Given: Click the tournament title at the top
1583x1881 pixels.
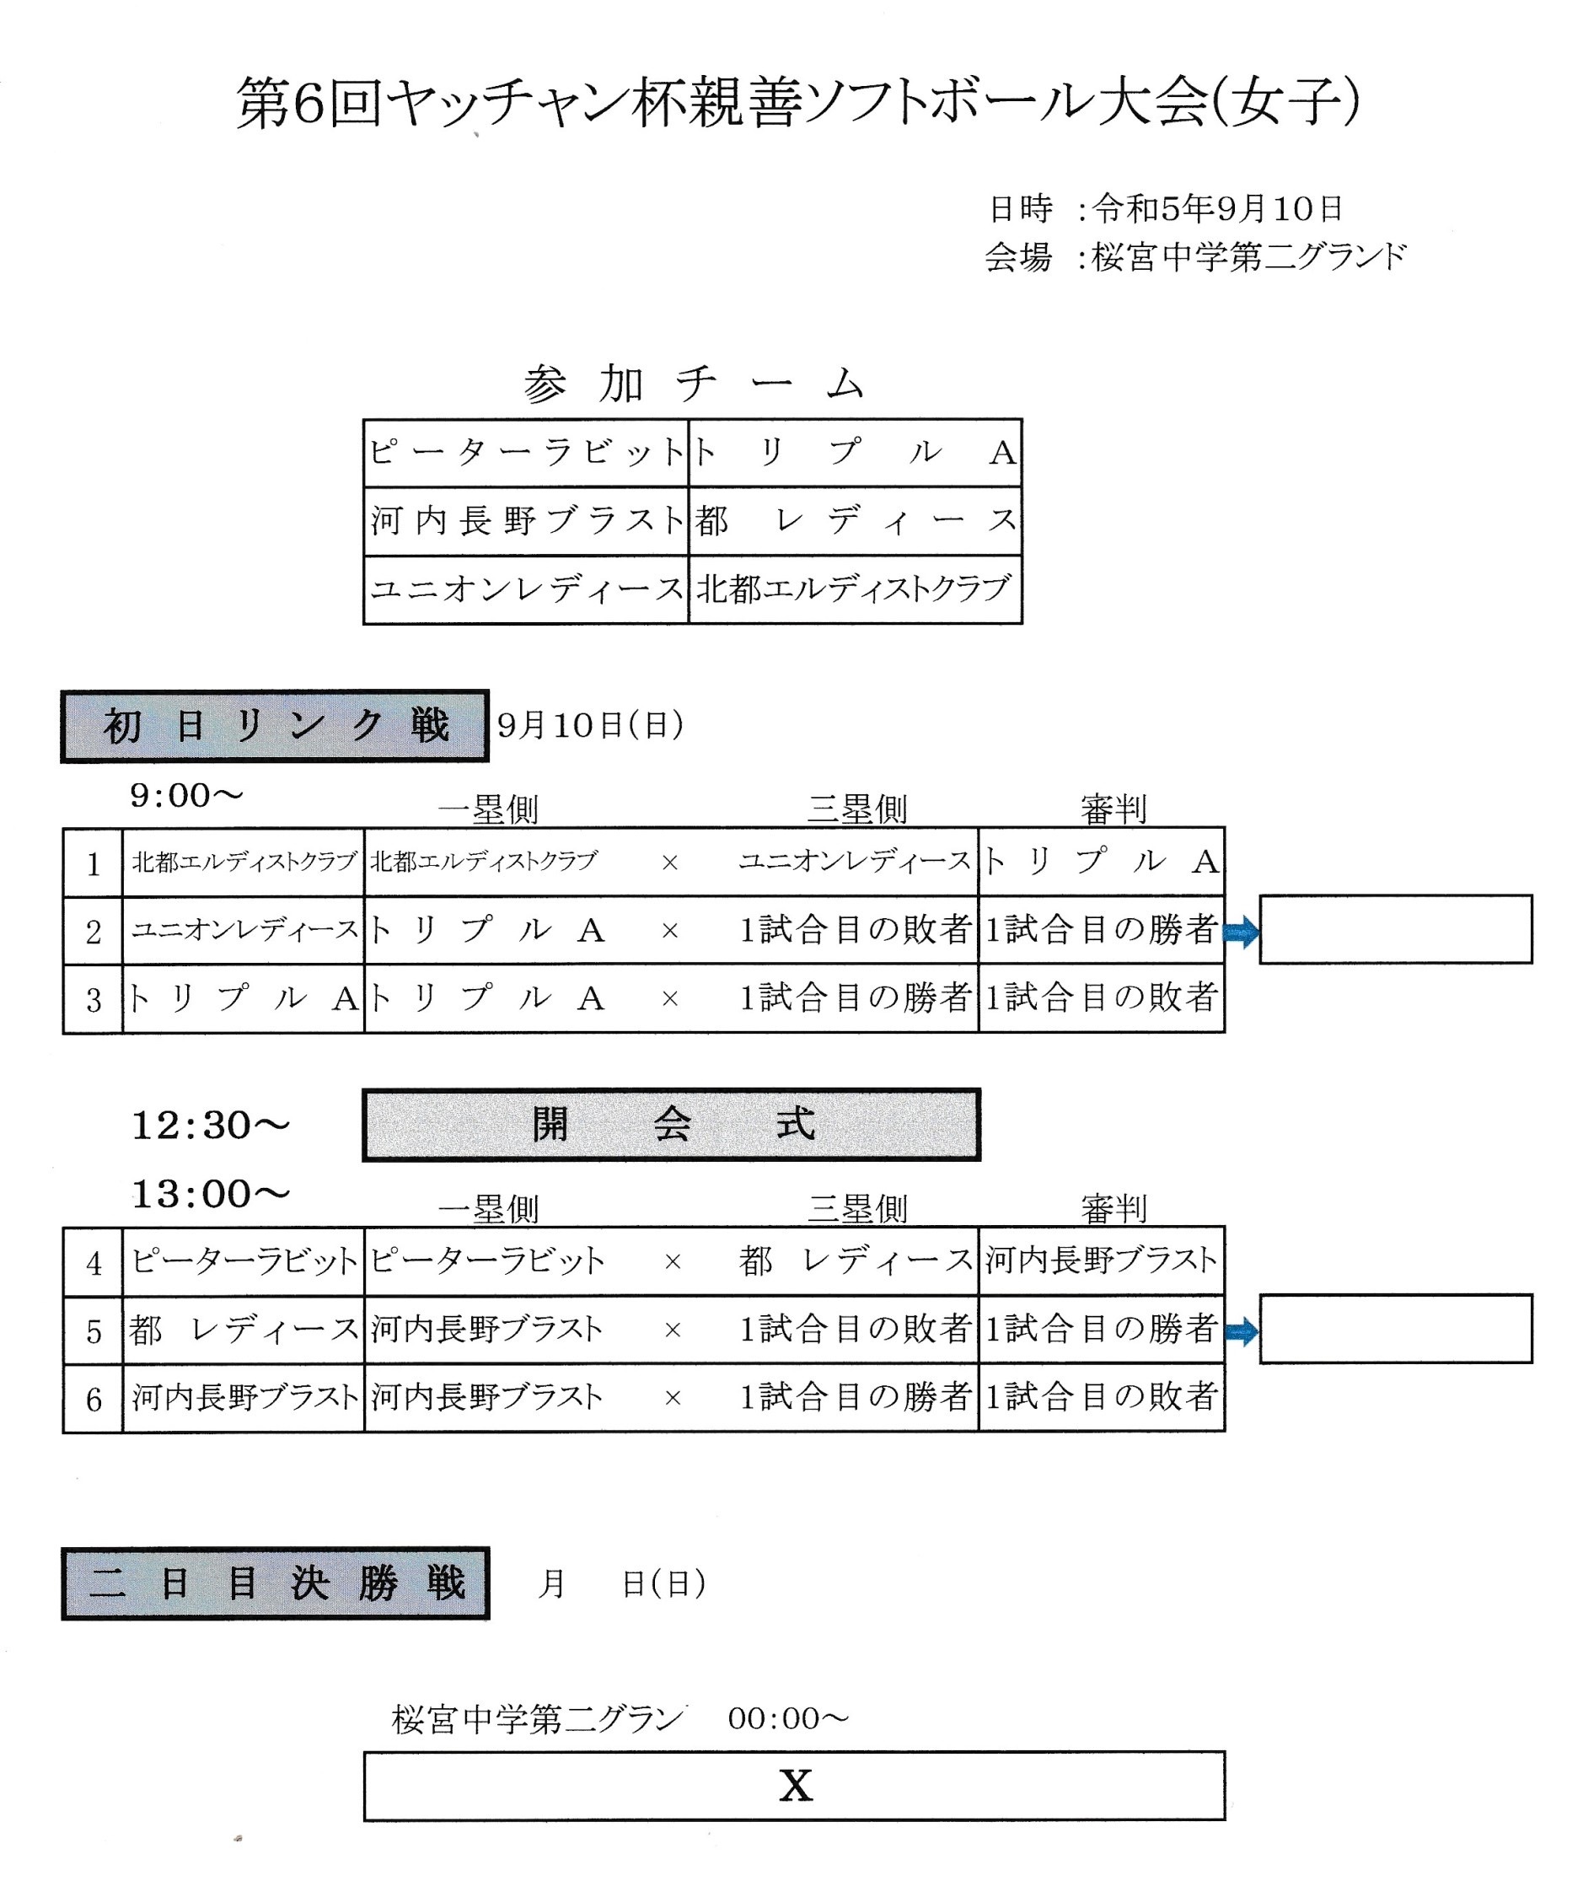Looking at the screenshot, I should [797, 103].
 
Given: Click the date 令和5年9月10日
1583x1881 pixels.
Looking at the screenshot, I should [1217, 209].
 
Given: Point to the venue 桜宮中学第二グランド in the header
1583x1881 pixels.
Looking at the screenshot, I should [1248, 257].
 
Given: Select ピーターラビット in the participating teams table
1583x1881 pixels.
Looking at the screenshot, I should [527, 452].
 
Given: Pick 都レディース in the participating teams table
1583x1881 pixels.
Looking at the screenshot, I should [856, 520].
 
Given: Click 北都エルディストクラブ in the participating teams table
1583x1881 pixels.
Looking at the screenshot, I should [855, 588].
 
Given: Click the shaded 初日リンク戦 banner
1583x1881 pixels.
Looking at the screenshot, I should [275, 726].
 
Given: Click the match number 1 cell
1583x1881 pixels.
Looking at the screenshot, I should [94, 863].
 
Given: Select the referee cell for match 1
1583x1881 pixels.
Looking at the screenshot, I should [1101, 862].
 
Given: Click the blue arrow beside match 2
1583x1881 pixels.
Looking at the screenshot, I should [1241, 933].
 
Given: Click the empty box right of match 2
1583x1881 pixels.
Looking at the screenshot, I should [1395, 930].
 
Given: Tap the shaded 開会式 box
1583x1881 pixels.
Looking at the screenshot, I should [671, 1125].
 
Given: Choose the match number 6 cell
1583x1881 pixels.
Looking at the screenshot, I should [94, 1399].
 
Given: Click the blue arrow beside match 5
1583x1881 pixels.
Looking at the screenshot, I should [1241, 1332].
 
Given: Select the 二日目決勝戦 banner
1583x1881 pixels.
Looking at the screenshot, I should [276, 1584].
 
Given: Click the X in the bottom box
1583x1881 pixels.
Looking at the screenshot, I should [795, 1786].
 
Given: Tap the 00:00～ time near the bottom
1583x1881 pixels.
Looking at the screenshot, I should [788, 1718].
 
